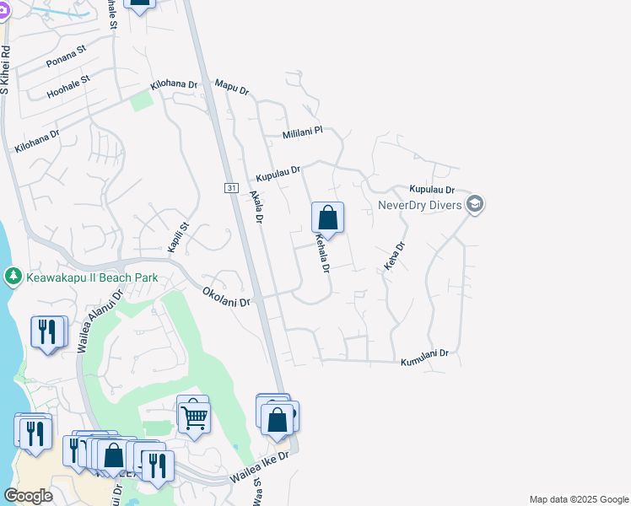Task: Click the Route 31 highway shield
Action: [231, 187]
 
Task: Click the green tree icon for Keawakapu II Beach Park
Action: [13, 276]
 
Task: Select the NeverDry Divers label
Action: [420, 205]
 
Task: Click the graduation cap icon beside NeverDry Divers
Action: [475, 205]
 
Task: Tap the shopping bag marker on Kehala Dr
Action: [327, 218]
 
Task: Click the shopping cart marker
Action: [194, 415]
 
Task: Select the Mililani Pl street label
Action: [303, 134]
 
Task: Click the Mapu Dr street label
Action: [232, 87]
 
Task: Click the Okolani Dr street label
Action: [227, 296]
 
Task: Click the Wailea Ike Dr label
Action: [260, 466]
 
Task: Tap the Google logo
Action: [28, 496]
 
